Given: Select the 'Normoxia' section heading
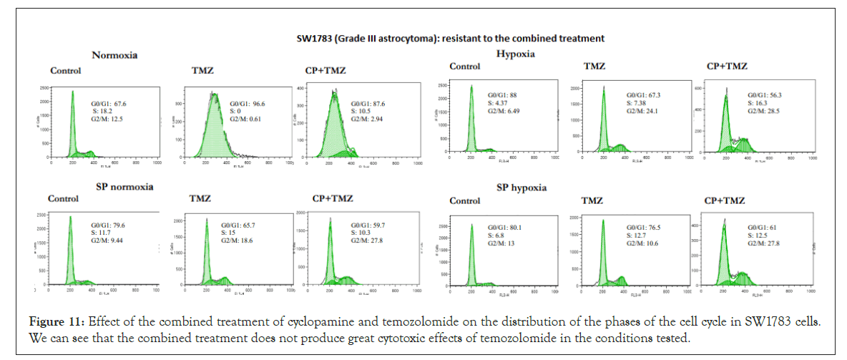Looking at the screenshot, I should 114,54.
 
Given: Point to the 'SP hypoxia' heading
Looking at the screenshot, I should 521,188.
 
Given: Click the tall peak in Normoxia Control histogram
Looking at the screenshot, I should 71,100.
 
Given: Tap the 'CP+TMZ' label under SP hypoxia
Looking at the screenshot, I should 725,200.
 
